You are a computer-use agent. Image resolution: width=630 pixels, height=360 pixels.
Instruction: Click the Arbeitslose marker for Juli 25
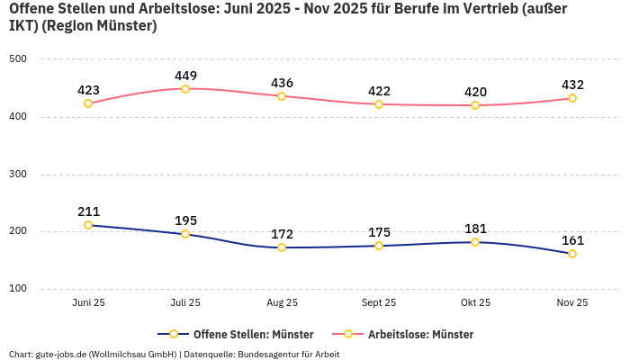point(185,89)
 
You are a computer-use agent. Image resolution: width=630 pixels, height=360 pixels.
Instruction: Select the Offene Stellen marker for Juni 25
point(88,225)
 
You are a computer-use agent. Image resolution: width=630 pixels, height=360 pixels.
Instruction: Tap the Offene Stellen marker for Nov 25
point(572,254)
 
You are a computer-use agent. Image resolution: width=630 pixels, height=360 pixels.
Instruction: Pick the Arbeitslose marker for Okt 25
point(475,105)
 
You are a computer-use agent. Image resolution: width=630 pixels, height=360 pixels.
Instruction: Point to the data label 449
point(185,76)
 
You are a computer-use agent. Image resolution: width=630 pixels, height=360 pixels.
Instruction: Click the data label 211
point(88,211)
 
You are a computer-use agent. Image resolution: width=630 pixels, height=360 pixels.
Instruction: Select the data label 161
point(572,240)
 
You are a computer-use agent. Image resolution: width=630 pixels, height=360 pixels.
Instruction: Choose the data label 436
point(282,83)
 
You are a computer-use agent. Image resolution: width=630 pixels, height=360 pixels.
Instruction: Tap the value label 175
point(379,232)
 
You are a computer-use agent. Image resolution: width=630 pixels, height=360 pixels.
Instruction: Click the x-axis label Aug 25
point(282,303)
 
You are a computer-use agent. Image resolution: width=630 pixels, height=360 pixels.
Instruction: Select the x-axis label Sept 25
point(379,303)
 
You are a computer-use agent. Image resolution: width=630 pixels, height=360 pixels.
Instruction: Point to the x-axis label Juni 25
point(88,303)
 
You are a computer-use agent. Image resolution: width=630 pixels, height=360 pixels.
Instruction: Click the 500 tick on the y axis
point(18,59)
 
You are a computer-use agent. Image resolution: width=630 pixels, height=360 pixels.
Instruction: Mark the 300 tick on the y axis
point(18,175)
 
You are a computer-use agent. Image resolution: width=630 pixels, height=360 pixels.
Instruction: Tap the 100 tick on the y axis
point(18,289)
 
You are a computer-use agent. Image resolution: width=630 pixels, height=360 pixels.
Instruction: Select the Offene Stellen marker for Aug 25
point(282,247)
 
